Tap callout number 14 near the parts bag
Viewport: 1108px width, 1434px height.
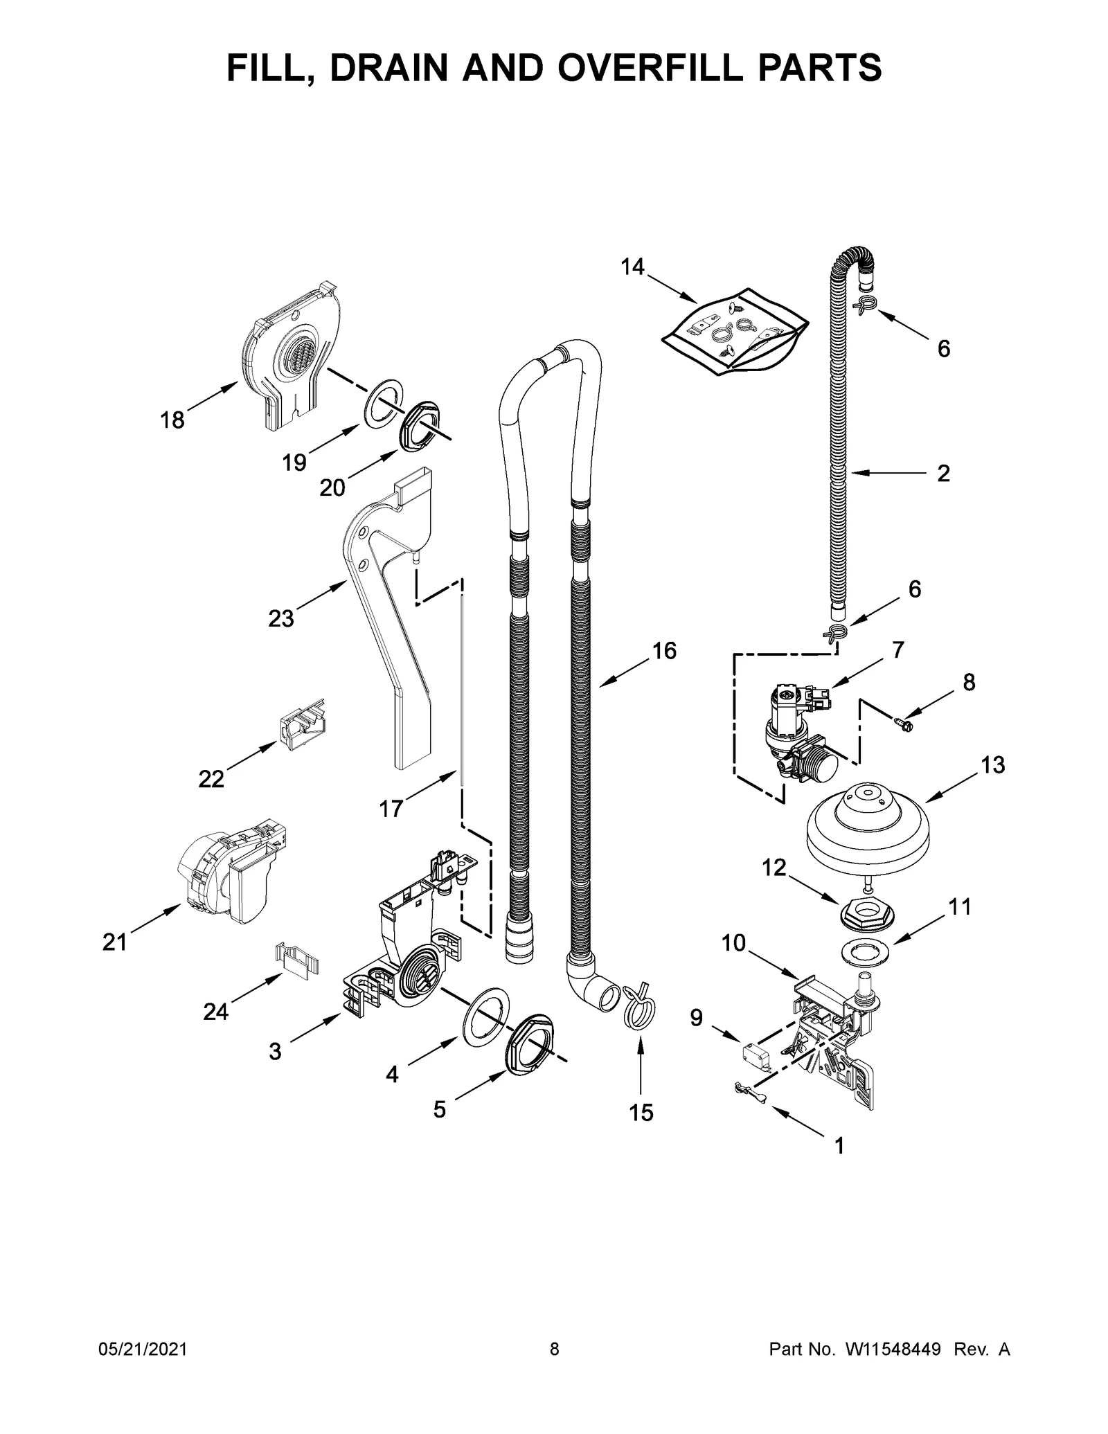[632, 267]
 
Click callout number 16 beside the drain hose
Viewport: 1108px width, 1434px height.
[663, 651]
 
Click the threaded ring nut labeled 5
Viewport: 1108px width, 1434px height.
[530, 1044]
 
